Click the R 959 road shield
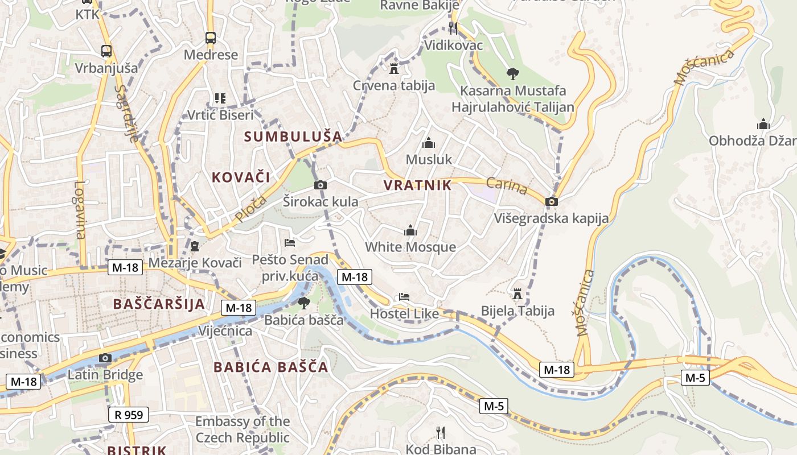[129, 415]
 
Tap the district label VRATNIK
[417, 185]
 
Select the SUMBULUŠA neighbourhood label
[293, 136]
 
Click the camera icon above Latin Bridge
[105, 358]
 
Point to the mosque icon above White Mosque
[410, 231]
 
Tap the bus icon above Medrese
[211, 38]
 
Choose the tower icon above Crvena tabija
[393, 69]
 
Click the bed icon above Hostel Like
[404, 297]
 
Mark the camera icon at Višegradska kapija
[551, 201]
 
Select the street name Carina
[507, 185]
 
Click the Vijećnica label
[225, 331]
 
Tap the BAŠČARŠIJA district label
[159, 304]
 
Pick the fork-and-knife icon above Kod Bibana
[440, 432]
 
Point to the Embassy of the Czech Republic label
[243, 429]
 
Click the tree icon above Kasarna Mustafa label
[513, 73]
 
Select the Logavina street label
[79, 209]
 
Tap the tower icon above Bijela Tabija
[517, 294]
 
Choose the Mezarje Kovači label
[195, 263]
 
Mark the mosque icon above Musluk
[429, 143]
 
